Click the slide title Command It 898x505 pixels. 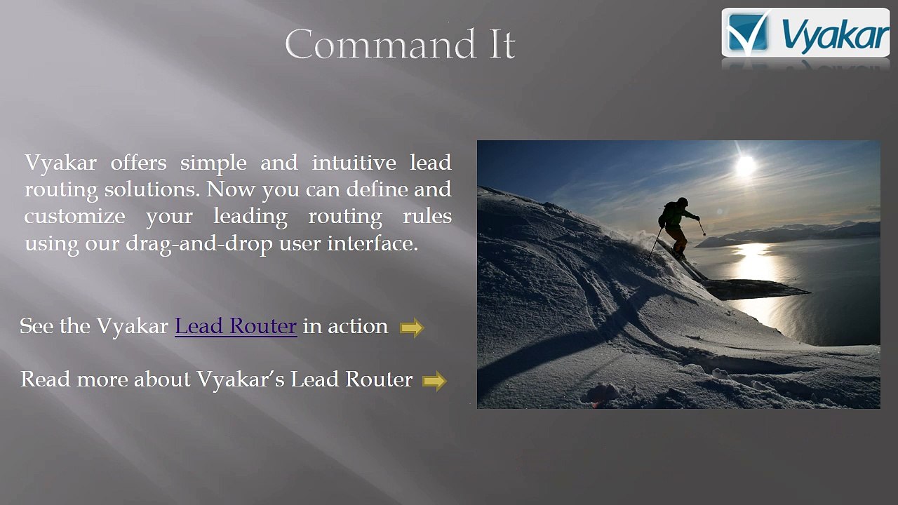(x=400, y=44)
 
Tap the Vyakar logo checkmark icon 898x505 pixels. (x=748, y=32)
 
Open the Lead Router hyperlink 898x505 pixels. (x=236, y=326)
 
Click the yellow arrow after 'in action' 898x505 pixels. (x=412, y=328)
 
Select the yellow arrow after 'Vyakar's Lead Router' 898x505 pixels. (x=434, y=381)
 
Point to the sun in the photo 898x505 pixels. (x=746, y=165)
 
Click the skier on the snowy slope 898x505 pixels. (x=678, y=229)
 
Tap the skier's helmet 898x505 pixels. (x=683, y=201)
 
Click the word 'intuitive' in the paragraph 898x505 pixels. (x=354, y=163)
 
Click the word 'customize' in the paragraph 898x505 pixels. (x=74, y=217)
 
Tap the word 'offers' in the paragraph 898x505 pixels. (x=139, y=163)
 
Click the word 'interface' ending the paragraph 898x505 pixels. (x=373, y=243)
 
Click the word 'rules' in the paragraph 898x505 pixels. (x=427, y=217)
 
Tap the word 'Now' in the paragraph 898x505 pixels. (x=231, y=189)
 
